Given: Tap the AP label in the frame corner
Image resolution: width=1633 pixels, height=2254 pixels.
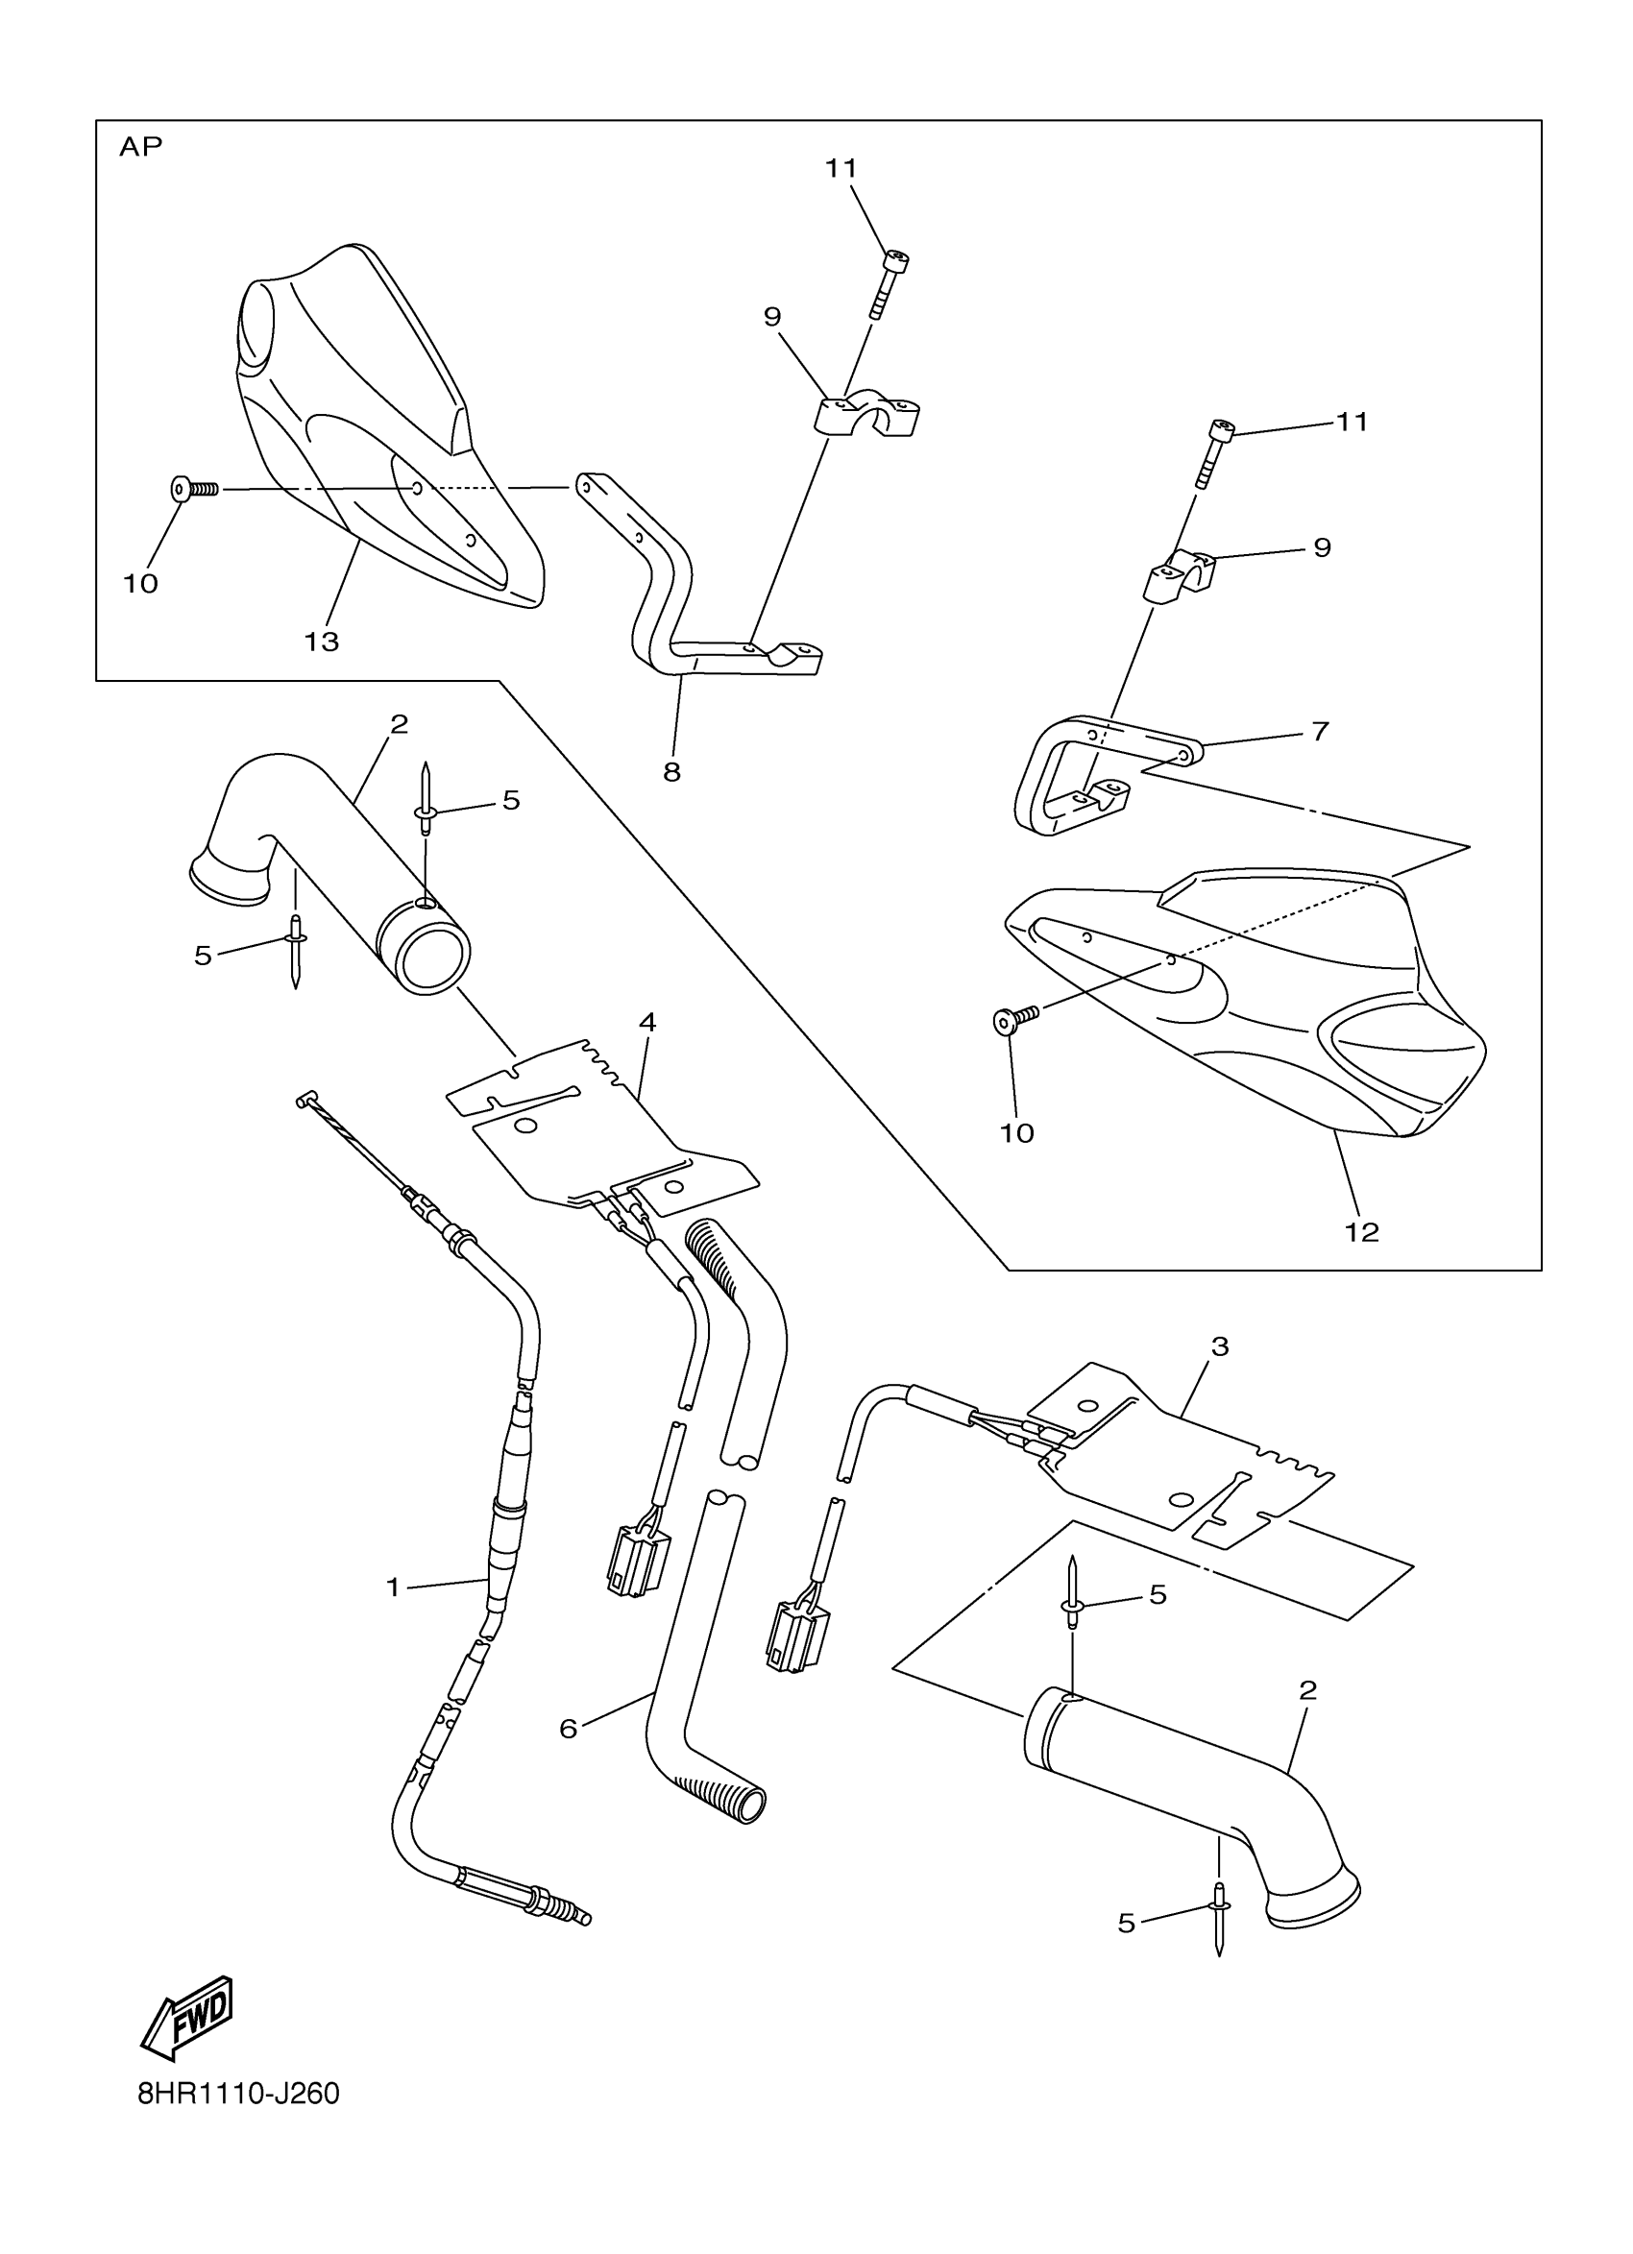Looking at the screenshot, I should pyautogui.click(x=140, y=147).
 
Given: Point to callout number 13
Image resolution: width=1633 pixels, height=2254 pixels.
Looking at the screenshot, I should pyautogui.click(x=321, y=642).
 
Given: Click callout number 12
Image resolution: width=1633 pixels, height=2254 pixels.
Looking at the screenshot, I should pyautogui.click(x=1362, y=1232).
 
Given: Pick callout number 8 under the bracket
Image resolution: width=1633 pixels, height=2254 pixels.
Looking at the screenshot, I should pyautogui.click(x=671, y=771).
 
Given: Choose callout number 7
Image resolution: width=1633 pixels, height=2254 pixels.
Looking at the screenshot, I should pyautogui.click(x=1320, y=732).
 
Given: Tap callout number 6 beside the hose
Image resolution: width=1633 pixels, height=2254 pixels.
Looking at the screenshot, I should pyautogui.click(x=568, y=1730).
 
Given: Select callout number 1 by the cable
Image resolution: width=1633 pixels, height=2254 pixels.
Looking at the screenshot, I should pyautogui.click(x=393, y=1588).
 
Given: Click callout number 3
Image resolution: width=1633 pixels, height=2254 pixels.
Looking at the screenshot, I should pyautogui.click(x=1221, y=1346).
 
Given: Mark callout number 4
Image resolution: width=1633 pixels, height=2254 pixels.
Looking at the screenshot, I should pyautogui.click(x=647, y=1022).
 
